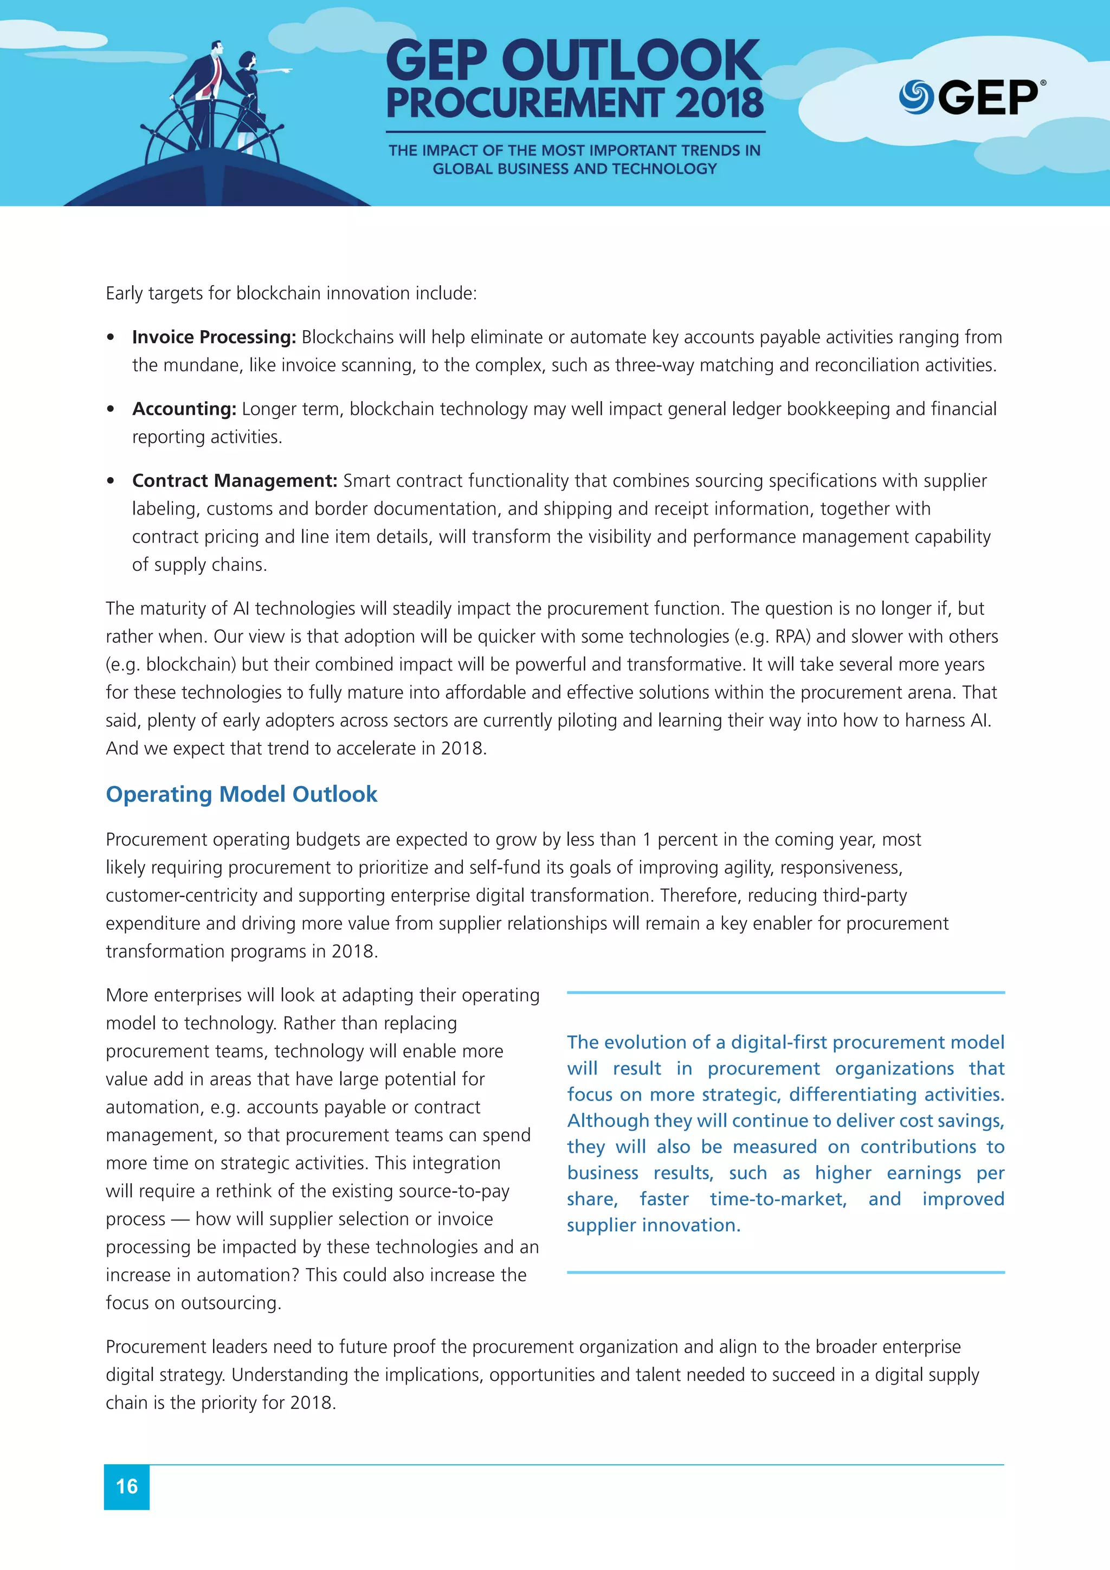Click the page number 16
(x=126, y=1486)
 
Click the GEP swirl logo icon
(x=916, y=96)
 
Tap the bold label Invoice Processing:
(x=213, y=337)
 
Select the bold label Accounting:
(x=184, y=409)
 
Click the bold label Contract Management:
(x=235, y=481)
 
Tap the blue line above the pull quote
(x=785, y=992)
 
